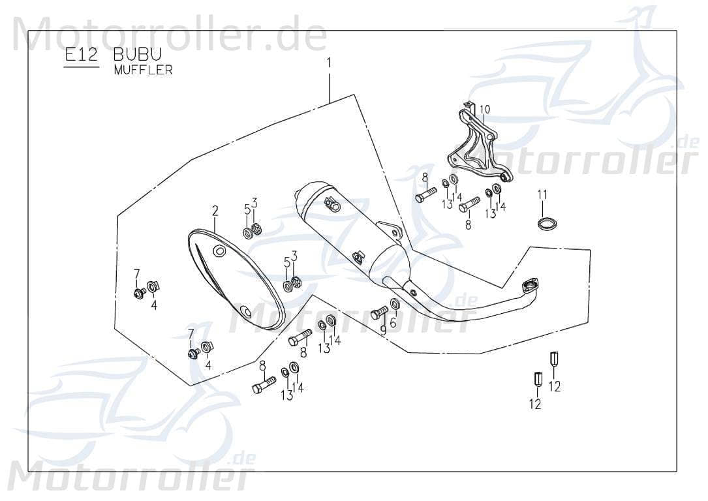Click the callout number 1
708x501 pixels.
coord(329,63)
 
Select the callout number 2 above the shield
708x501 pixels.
coord(214,211)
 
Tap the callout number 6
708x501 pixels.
coord(393,322)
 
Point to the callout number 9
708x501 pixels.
coord(383,330)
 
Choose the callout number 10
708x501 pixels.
coord(485,109)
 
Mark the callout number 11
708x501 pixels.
coord(542,194)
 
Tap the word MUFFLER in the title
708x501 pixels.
coord(143,70)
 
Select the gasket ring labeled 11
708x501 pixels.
coord(544,224)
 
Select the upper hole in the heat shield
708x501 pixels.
coord(219,251)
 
